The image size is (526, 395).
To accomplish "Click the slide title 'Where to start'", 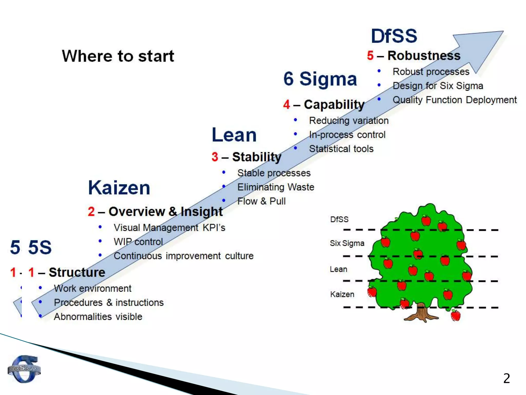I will (118, 56).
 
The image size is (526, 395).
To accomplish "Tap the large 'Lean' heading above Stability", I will (234, 135).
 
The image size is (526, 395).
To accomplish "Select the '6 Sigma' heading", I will (320, 79).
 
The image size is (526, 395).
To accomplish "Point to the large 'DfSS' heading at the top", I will (394, 36).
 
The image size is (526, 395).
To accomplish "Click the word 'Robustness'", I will (424, 56).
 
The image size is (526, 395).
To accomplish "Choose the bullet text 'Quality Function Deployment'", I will (455, 100).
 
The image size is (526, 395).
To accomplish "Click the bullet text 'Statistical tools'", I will (341, 149).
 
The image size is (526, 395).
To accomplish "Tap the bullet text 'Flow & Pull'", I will (261, 201).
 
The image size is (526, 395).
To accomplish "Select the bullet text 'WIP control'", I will (138, 242).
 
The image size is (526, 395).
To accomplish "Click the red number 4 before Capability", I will (287, 105).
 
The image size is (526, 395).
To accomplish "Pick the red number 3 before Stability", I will (215, 157).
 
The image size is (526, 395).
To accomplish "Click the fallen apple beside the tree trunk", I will (456, 316).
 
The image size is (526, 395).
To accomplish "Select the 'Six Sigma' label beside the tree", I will (347, 243).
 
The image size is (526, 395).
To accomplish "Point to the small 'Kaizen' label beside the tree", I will (342, 294).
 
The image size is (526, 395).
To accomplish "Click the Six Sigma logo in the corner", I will (24, 369).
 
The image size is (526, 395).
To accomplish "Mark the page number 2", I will (506, 378).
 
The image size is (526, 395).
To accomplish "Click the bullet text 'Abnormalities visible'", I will (98, 317).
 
